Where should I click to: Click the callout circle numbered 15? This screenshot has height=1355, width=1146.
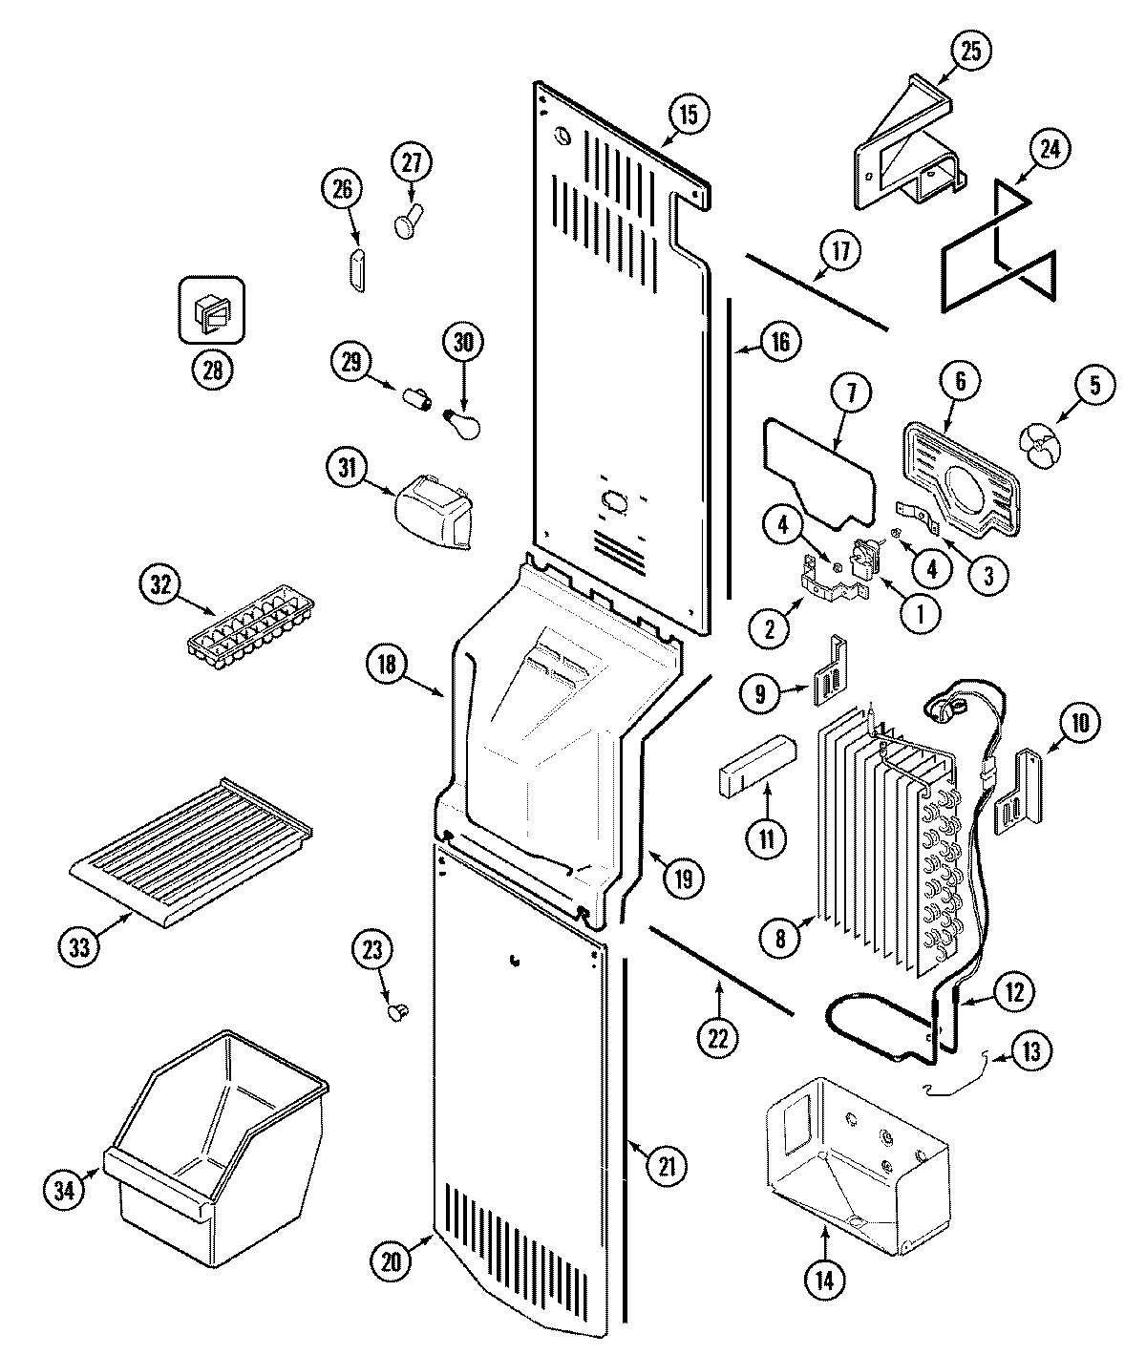click(689, 114)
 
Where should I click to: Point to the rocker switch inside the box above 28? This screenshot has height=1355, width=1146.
click(211, 310)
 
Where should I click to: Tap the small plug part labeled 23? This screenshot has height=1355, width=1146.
click(398, 1010)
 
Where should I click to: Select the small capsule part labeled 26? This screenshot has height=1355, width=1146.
click(356, 270)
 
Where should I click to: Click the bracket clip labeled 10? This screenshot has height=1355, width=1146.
click(1019, 795)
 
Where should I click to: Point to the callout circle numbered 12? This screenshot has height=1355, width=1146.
click(1013, 992)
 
